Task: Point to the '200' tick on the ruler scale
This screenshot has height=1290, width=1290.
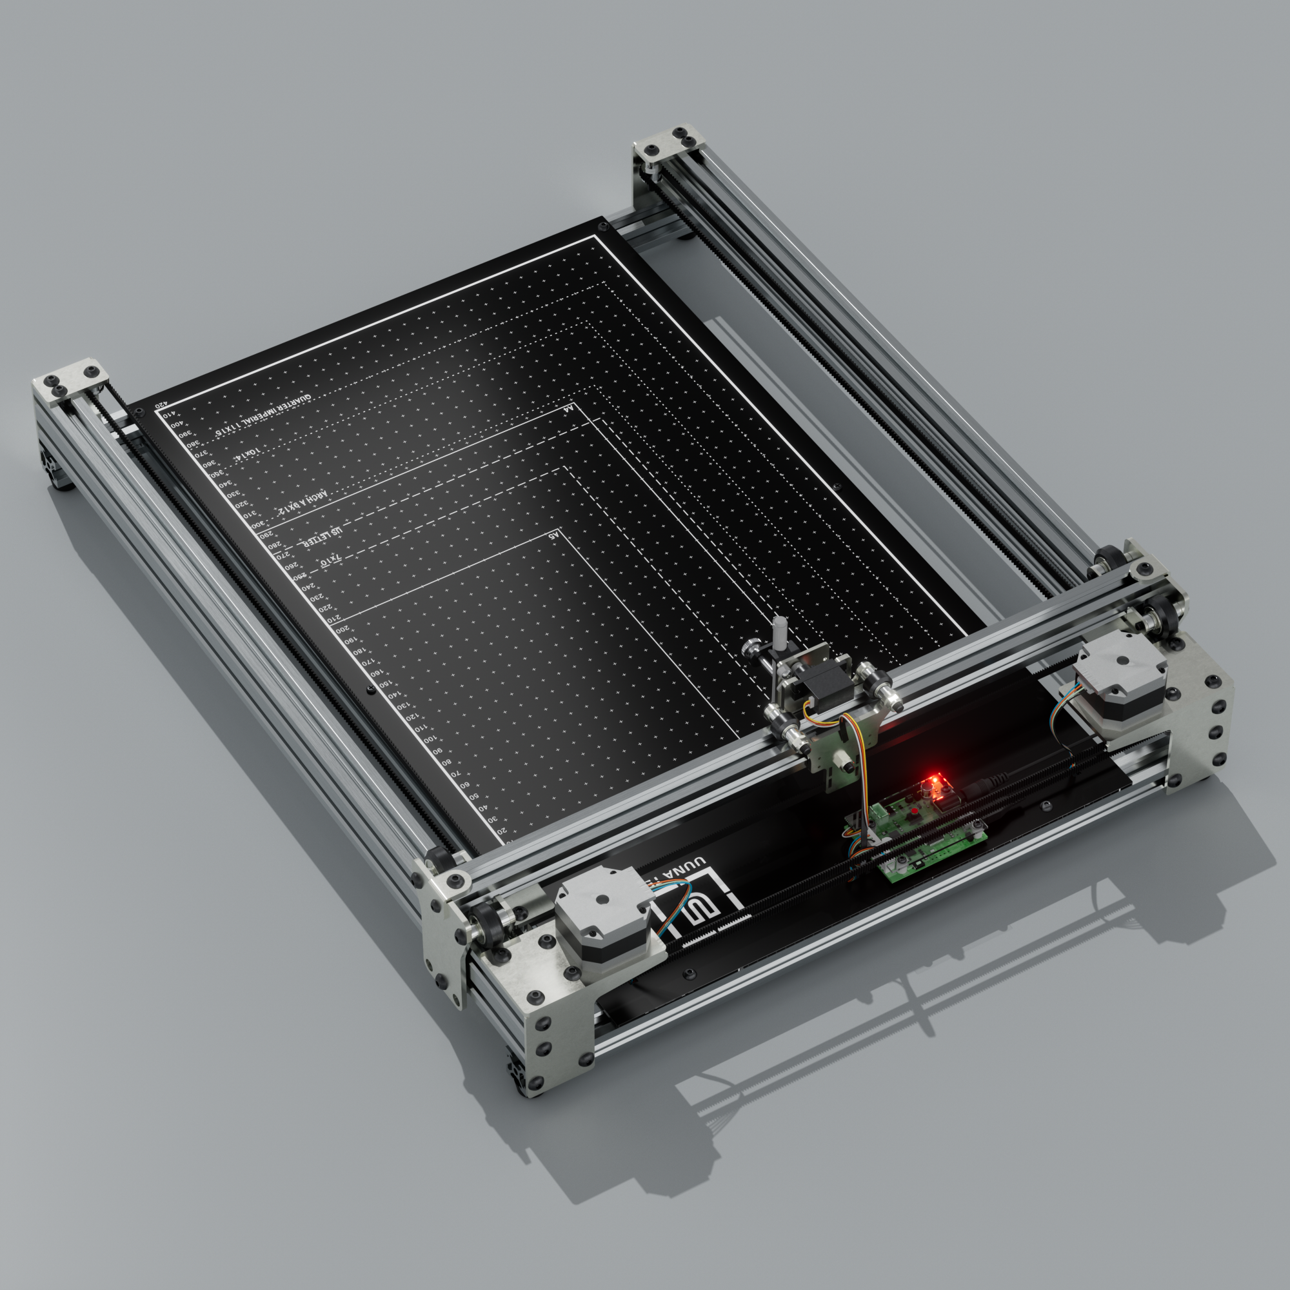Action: point(341,629)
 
